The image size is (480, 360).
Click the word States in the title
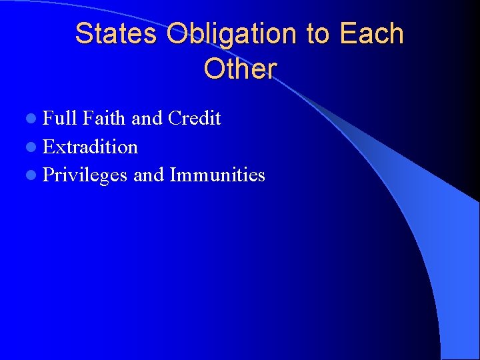click(x=117, y=34)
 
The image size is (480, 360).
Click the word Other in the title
click(x=240, y=69)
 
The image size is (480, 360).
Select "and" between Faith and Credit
click(x=147, y=119)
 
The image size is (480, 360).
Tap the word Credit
click(x=194, y=119)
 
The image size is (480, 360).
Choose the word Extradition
click(x=90, y=147)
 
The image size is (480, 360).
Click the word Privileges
click(x=85, y=175)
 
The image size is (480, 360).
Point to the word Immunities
click(x=217, y=175)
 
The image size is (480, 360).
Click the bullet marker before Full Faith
click(x=33, y=119)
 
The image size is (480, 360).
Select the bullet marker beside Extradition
click(x=33, y=147)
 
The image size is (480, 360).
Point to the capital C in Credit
click(x=175, y=119)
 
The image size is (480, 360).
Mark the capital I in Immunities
click(x=173, y=175)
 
